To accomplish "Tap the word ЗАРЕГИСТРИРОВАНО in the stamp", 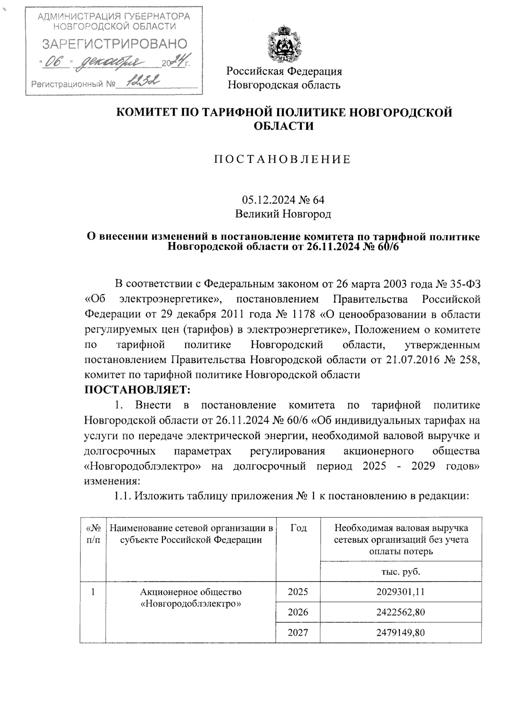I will (114, 43).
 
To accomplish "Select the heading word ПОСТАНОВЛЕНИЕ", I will (283, 160).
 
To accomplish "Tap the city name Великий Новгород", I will (283, 214).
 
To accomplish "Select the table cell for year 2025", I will (298, 592).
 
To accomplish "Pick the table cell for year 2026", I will (298, 612).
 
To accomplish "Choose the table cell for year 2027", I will (298, 632).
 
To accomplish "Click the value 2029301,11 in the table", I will (400, 592).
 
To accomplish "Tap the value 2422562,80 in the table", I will (400, 612).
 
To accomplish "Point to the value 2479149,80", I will (400, 632).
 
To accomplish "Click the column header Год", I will (298, 528).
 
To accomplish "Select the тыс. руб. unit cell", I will (401, 572).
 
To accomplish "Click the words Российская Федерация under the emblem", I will (284, 71).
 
